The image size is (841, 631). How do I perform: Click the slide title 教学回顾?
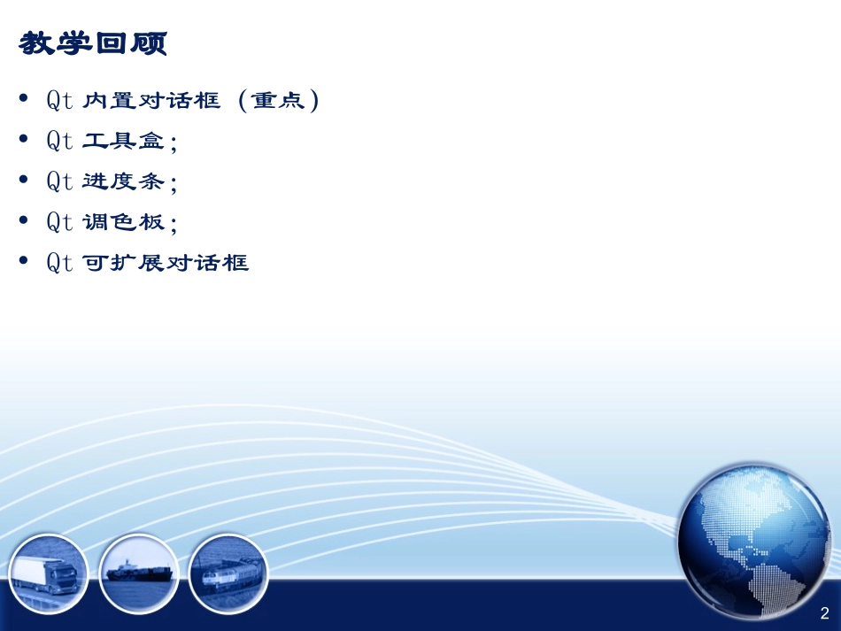pos(92,44)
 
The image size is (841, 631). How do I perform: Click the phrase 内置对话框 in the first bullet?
pos(151,101)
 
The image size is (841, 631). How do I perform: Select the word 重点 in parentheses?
pos(276,101)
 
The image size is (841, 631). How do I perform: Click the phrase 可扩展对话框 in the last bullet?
pos(166,263)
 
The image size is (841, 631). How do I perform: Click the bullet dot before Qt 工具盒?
pos(23,139)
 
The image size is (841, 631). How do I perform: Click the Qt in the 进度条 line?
pos(59,182)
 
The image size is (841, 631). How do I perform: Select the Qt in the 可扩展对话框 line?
pos(59,263)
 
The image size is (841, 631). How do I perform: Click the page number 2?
pos(824,613)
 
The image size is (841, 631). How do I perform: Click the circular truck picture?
pos(49,573)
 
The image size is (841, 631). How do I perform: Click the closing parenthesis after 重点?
pos(311,101)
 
